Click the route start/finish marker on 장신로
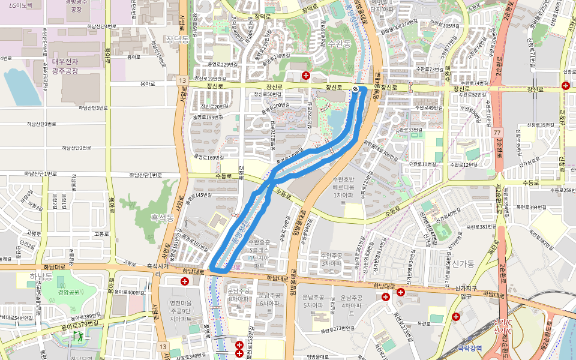pos(355,89)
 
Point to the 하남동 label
pos(41,276)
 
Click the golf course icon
pos(79,336)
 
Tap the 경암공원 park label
pos(70,292)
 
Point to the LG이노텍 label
pos(21,5)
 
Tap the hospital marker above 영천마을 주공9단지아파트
pos(176,281)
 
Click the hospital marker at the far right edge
pos(566,86)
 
